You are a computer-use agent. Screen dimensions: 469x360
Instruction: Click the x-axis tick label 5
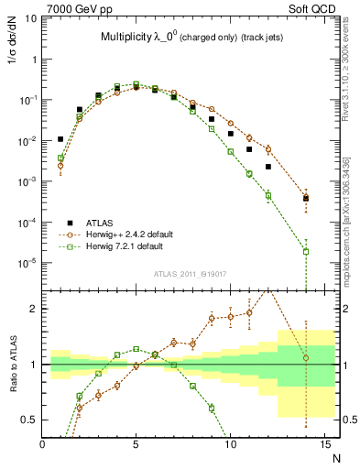[x=136, y=444]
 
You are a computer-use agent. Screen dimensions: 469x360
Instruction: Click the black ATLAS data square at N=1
[x=60, y=139]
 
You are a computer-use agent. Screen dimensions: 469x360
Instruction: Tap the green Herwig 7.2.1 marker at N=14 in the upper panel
[x=306, y=251]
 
